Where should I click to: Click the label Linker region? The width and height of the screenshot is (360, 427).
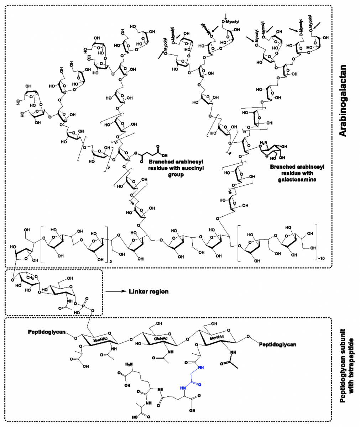[x=149, y=292]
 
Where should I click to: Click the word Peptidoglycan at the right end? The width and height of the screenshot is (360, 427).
[x=278, y=345]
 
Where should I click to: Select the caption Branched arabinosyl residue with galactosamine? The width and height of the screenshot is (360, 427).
[x=293, y=173]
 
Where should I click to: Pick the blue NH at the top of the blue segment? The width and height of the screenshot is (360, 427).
[x=200, y=368]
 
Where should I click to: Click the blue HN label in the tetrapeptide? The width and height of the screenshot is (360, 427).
[x=183, y=389]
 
